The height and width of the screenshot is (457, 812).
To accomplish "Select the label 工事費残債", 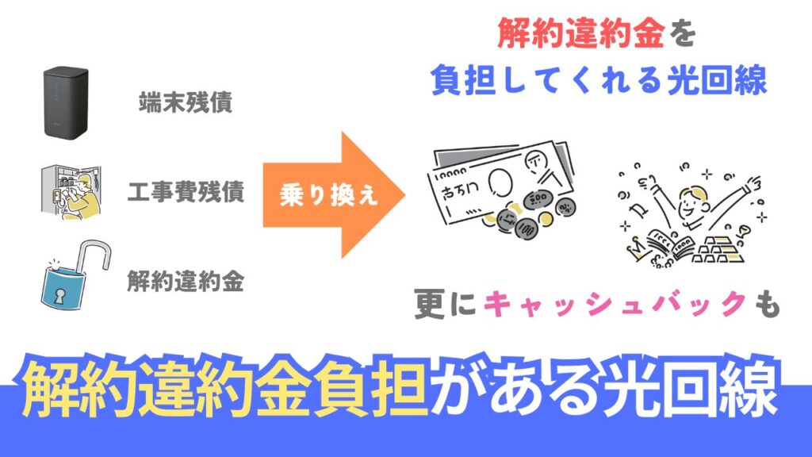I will click(186, 193).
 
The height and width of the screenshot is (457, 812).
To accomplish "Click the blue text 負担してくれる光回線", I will click(599, 79).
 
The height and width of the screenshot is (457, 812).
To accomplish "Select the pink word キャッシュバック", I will click(615, 305).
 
